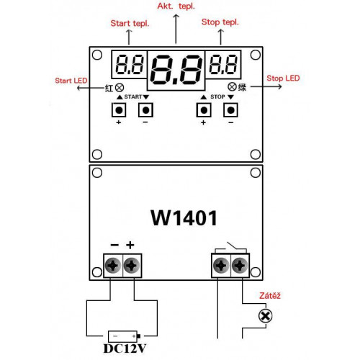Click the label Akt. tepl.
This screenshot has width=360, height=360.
coord(176,6)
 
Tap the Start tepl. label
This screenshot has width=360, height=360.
coord(130,24)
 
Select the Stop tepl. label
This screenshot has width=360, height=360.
coord(220,22)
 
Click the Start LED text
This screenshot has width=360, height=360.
coord(71,81)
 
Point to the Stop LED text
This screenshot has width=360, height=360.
coord(283,78)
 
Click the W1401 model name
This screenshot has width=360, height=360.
coord(184,218)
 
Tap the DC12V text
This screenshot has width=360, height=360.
coord(125,348)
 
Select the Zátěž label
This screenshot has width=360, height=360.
coord(270,295)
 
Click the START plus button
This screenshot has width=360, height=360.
coord(119,110)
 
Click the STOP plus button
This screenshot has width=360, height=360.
coord(204,110)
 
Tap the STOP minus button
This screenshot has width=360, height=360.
coord(230,110)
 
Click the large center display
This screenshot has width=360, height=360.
coord(176,71)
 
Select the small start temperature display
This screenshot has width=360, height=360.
coord(129,64)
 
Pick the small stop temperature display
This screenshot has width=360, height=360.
coord(223,64)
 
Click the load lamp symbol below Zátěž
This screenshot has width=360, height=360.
coord(266,315)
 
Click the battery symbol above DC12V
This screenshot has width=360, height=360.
coord(124,336)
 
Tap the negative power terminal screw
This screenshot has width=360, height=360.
coord(113,266)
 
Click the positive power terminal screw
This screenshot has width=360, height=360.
coord(132,266)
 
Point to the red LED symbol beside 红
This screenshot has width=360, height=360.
coord(120,88)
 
